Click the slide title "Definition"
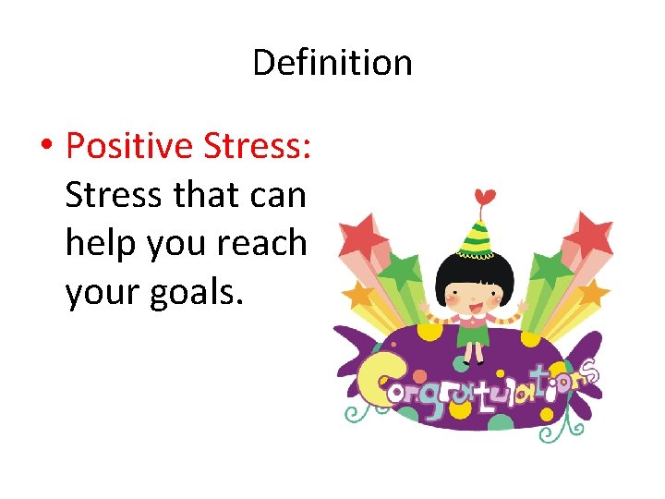tap(332, 63)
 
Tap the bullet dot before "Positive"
tap(45, 145)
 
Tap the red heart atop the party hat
tap(483, 197)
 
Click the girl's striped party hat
tap(478, 235)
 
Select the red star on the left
tap(363, 237)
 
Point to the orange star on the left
tap(359, 295)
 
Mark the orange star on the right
tap(591, 293)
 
